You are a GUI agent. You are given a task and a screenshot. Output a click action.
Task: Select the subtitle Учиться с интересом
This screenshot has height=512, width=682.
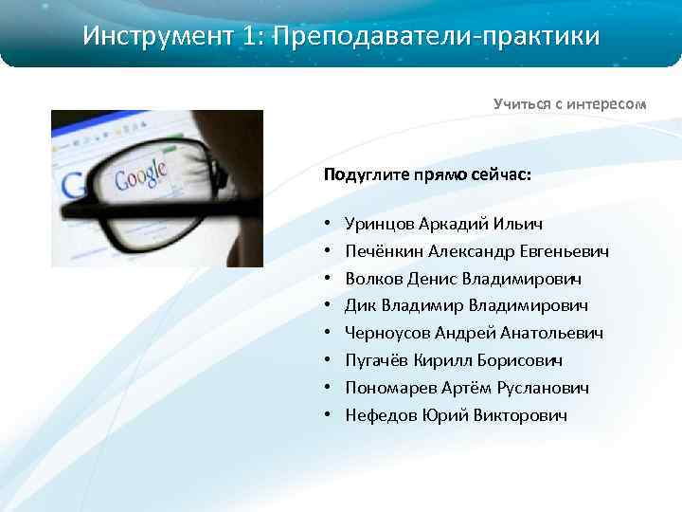(569, 103)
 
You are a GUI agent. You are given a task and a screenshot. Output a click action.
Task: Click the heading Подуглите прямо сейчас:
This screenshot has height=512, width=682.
(427, 175)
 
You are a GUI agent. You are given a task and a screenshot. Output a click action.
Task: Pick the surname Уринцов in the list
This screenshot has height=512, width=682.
(379, 224)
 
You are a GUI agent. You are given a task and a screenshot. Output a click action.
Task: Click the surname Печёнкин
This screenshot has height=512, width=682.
(384, 251)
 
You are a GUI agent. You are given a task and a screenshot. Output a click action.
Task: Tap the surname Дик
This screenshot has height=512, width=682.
(360, 306)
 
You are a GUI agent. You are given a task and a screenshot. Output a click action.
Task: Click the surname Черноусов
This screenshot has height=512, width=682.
(388, 334)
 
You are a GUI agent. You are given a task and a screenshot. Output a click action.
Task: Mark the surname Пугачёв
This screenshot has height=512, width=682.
(377, 361)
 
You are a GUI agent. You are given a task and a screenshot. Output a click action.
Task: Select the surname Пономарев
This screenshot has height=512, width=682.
(390, 388)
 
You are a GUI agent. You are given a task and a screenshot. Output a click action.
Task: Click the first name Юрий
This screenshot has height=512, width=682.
(440, 415)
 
